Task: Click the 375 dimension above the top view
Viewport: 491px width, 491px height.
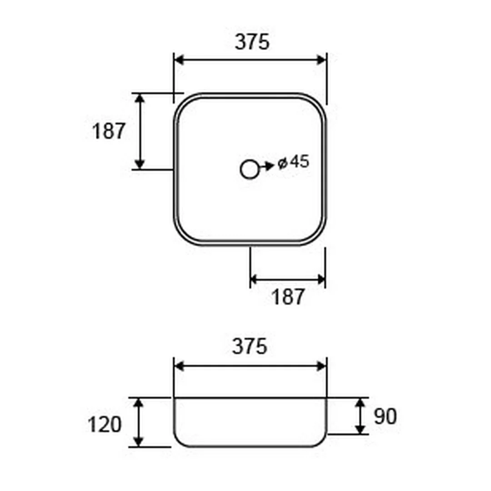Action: [x=252, y=42]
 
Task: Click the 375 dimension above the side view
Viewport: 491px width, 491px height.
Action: [x=250, y=346]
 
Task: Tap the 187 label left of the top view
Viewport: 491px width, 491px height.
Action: [x=109, y=131]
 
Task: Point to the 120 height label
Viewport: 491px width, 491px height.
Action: [x=104, y=425]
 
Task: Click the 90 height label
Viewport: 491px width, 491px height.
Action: [x=386, y=416]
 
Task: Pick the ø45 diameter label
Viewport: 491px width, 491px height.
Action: [x=293, y=162]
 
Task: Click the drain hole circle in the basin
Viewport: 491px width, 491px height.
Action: [x=250, y=170]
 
